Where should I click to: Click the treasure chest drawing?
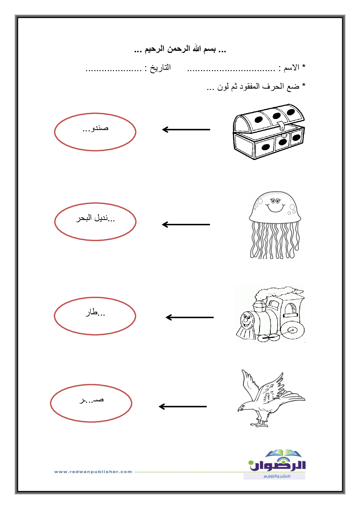click(x=269, y=132)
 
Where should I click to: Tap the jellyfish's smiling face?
click(x=275, y=205)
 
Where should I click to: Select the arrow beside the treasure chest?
click(x=186, y=130)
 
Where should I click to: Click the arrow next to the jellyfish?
click(x=186, y=225)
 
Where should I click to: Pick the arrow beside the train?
click(x=189, y=317)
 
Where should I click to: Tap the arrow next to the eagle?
click(x=183, y=407)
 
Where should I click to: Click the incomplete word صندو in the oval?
click(x=95, y=128)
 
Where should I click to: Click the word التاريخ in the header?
click(x=160, y=67)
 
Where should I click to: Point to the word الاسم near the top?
click(x=291, y=67)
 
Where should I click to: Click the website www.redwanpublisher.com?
click(x=93, y=472)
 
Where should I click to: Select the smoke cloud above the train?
click(x=279, y=293)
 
